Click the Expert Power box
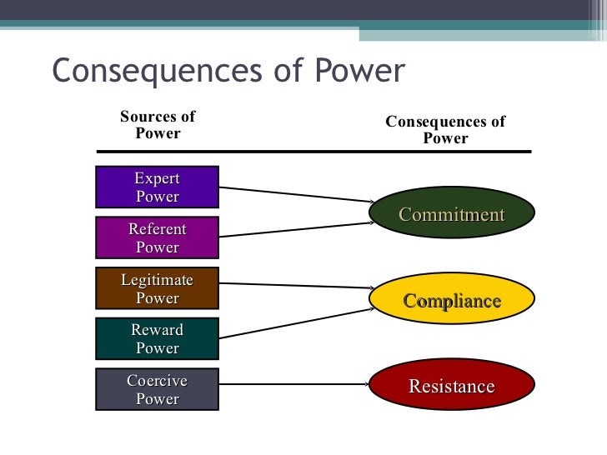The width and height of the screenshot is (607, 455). [x=157, y=187]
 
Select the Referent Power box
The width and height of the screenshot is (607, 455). [x=157, y=237]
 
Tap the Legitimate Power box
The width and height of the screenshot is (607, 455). [x=157, y=288]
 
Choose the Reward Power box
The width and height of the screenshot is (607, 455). [x=157, y=339]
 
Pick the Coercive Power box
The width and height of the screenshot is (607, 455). [x=157, y=390]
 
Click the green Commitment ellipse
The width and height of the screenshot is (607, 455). [x=451, y=215]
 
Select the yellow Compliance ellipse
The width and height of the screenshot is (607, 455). [x=451, y=301]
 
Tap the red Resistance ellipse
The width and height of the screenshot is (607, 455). [x=451, y=387]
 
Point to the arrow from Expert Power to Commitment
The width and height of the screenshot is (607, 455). [x=296, y=194]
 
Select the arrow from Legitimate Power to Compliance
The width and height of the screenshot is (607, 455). [x=296, y=286]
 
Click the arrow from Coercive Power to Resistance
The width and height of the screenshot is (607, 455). [x=296, y=384]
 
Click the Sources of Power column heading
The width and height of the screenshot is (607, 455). [x=158, y=125]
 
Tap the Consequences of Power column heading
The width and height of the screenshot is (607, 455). [x=445, y=130]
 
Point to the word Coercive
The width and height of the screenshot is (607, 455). [x=157, y=381]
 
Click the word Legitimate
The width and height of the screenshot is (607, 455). [x=157, y=280]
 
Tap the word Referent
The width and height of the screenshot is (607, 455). [x=157, y=228]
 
